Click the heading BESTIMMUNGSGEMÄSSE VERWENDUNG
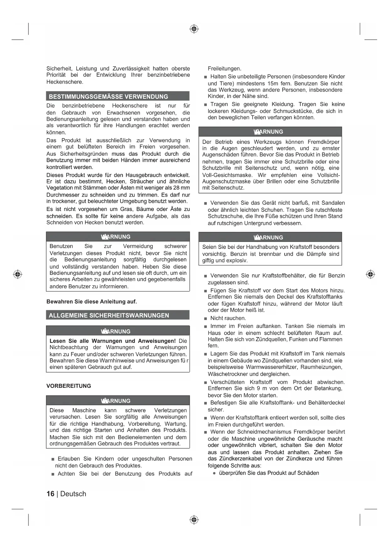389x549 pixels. click(108, 96)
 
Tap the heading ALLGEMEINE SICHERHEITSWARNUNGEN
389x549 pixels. click(109, 315)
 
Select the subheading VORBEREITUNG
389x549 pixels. click(69, 386)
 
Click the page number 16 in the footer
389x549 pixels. click(50, 494)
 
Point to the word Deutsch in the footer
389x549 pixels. click(73, 494)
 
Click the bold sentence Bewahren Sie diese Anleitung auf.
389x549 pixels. click(92, 302)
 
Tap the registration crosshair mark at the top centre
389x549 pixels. click(194, 29)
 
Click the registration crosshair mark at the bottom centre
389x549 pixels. click(194, 520)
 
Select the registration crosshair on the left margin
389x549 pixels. click(18, 274)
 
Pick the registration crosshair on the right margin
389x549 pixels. click(371, 274)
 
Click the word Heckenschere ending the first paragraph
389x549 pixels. click(65, 82)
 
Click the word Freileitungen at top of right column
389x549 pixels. click(224, 69)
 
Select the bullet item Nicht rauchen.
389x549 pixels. click(228, 318)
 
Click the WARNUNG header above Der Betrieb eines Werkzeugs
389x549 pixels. click(270, 132)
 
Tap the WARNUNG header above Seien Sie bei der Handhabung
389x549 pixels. click(270, 237)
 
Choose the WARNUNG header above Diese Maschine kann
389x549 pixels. click(118, 401)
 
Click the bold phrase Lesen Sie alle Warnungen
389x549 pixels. click(113, 341)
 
